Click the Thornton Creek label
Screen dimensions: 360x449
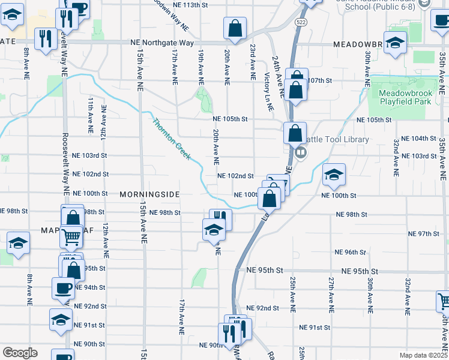pos(172,139)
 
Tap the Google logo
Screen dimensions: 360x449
pos(19,353)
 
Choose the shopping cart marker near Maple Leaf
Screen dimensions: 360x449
pos(71,237)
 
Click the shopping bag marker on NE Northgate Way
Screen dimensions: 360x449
pos(235,28)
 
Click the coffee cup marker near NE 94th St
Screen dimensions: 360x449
pos(63,288)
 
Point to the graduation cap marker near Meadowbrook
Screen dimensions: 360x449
pos(394,43)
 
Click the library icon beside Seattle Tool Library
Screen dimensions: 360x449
pos(301,152)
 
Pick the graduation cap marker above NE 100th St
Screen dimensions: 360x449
pos(334,175)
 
